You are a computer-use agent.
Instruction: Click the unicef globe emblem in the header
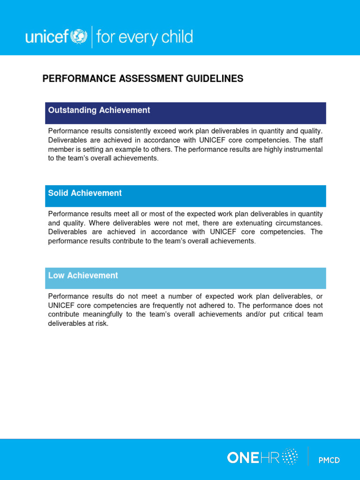pyautogui.click(x=78, y=37)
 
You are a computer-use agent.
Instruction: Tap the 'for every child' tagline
pyautogui.click(x=144, y=37)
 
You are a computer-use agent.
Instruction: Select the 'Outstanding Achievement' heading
pyautogui.click(x=99, y=111)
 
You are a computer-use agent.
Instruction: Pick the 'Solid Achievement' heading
pyautogui.click(x=85, y=193)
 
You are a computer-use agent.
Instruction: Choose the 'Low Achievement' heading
pyautogui.click(x=83, y=276)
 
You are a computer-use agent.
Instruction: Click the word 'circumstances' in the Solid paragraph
pyautogui.click(x=299, y=223)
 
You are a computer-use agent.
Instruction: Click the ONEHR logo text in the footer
pyautogui.click(x=249, y=457)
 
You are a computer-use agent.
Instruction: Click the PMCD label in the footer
pyautogui.click(x=329, y=460)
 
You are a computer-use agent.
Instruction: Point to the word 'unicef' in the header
pyautogui.click(x=47, y=37)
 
